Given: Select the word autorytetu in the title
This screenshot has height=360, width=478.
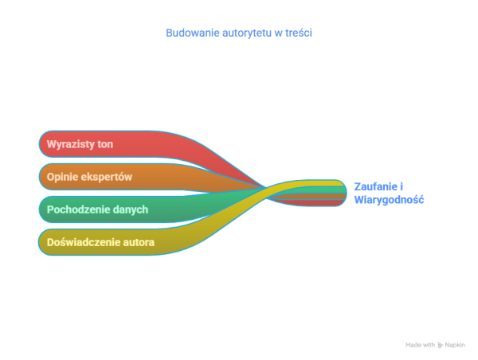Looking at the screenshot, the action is pyautogui.click(x=247, y=33).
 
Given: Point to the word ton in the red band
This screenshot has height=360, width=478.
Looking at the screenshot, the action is pyautogui.click(x=105, y=144).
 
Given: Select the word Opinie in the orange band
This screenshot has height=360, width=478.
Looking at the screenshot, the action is pyautogui.click(x=62, y=177).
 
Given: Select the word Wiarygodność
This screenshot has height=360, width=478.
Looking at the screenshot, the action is pyautogui.click(x=389, y=200).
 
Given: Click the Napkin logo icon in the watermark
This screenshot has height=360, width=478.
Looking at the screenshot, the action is pyautogui.click(x=440, y=345).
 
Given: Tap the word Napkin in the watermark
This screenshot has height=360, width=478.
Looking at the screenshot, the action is pyautogui.click(x=455, y=345).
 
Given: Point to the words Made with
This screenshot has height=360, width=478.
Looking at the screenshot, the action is pyautogui.click(x=421, y=345).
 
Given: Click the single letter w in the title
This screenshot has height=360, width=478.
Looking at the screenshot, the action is pyautogui.click(x=278, y=33).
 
